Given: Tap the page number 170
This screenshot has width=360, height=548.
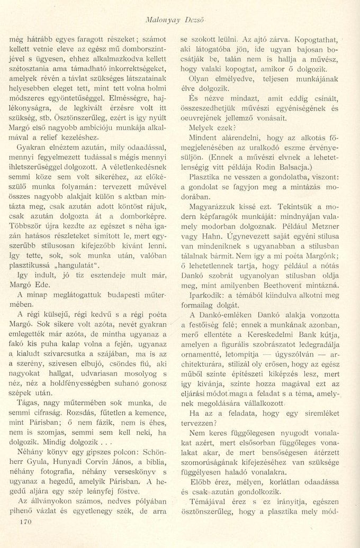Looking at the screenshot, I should pos(26,522).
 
